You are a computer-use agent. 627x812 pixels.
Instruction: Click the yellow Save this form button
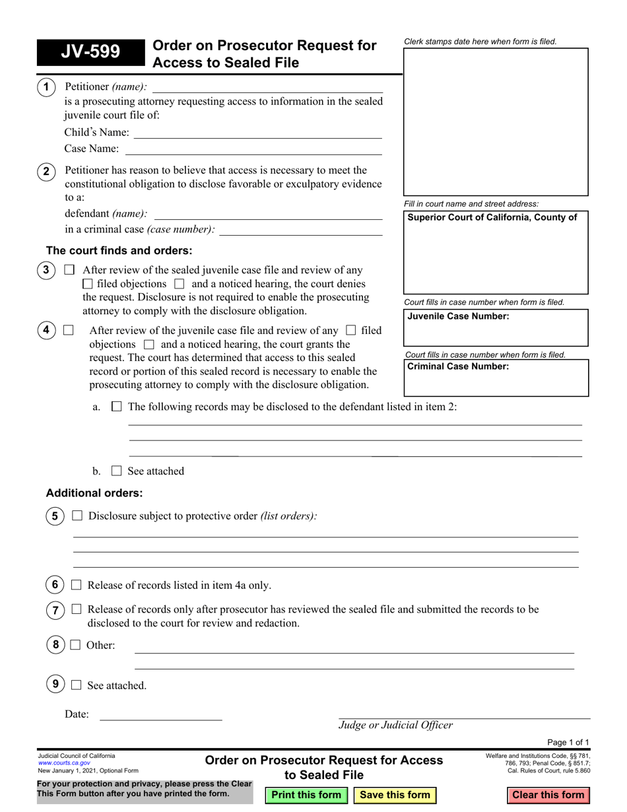click(395, 795)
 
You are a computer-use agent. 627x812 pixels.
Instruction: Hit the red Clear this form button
click(548, 795)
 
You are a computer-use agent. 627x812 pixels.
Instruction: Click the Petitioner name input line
click(267, 87)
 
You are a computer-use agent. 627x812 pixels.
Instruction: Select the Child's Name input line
click(257, 133)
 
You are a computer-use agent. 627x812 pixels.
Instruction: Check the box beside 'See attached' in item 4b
click(117, 471)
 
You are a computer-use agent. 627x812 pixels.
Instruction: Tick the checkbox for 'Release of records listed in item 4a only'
click(76, 585)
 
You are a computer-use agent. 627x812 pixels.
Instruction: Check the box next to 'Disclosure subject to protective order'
click(77, 516)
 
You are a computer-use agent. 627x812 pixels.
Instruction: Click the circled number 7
click(55, 611)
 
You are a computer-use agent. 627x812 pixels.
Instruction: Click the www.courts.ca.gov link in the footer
click(64, 762)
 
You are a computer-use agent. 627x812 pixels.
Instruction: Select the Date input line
click(160, 714)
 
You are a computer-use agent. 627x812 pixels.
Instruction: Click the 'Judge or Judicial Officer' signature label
click(396, 726)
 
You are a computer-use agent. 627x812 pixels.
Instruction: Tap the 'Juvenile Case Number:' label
click(458, 316)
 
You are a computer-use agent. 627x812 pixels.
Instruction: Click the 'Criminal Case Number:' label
click(458, 366)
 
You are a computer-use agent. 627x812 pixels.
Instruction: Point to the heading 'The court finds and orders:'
click(119, 251)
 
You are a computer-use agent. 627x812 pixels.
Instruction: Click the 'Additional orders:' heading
click(94, 493)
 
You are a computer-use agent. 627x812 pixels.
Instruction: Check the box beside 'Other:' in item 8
click(75, 646)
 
